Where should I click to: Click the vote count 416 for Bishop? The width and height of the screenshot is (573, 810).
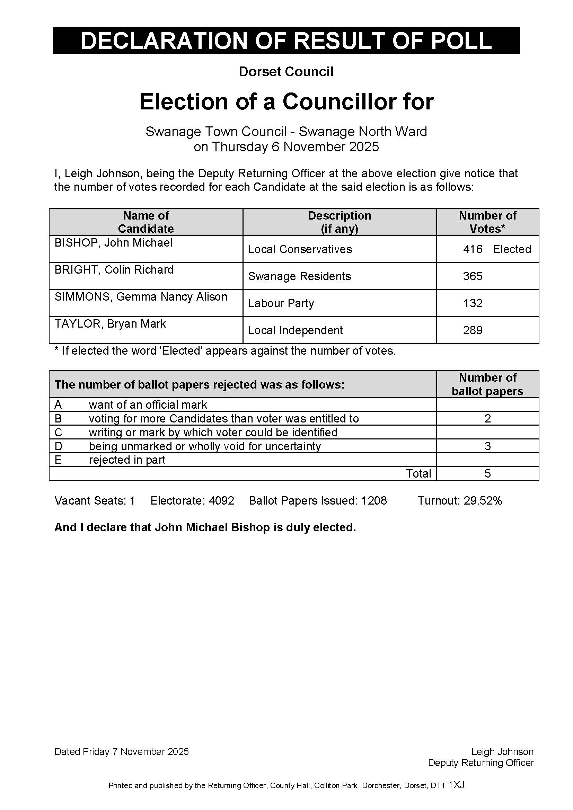(473, 249)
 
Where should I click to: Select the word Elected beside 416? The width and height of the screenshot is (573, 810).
(512, 249)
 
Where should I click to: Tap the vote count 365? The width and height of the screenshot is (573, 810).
(473, 276)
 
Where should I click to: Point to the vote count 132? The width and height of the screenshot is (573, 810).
(473, 303)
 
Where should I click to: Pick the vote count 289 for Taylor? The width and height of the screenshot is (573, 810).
(473, 330)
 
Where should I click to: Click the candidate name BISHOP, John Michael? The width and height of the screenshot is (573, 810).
(113, 243)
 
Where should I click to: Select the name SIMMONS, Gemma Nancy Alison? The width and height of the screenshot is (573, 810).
(141, 297)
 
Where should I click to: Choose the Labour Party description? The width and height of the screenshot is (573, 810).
(281, 303)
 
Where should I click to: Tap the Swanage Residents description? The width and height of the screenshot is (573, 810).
(300, 276)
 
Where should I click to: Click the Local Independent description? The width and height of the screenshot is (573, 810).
(295, 330)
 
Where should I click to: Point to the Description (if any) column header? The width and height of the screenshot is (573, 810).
(340, 222)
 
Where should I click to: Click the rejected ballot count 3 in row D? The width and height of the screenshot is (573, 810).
(488, 446)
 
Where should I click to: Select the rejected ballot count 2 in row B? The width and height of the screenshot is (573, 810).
(488, 419)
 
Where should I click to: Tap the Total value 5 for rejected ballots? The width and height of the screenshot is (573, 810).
(488, 473)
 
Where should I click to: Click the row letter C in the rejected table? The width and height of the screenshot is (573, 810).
(58, 433)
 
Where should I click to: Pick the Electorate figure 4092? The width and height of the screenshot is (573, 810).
(222, 501)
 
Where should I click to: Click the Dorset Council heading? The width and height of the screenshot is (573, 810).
(286, 72)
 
